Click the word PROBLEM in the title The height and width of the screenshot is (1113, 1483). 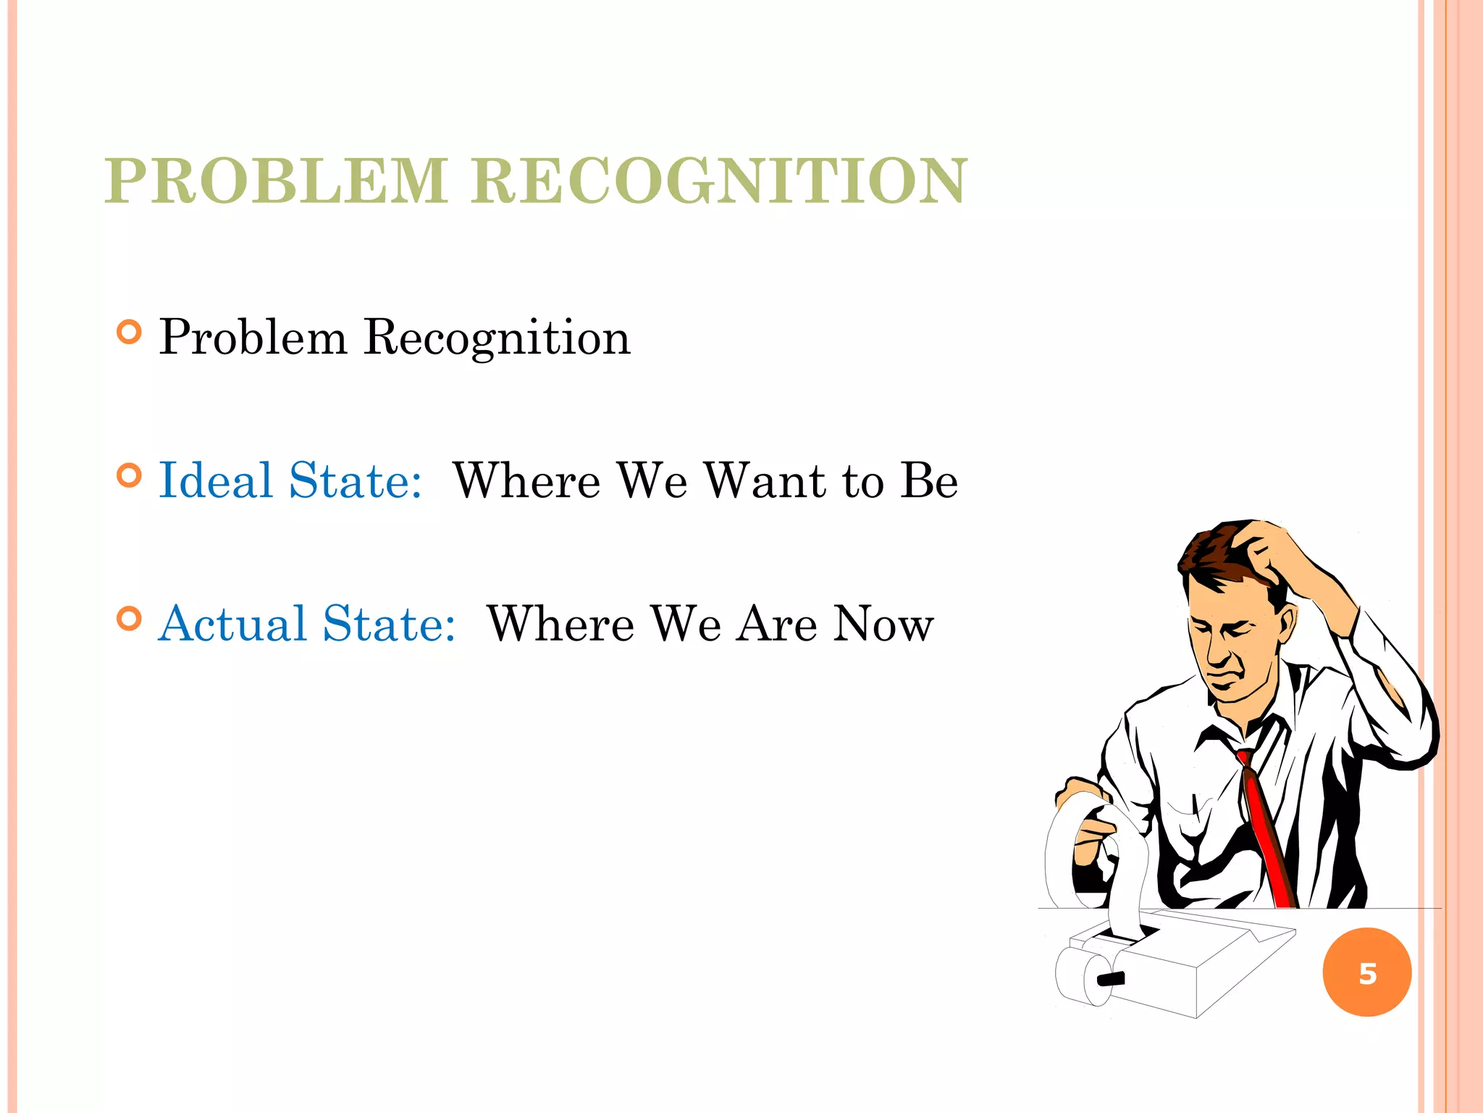276,181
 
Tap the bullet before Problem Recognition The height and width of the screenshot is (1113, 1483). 129,333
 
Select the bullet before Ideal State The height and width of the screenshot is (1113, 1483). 129,476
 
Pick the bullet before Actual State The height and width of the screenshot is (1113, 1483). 129,619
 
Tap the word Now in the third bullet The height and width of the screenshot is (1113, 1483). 883,625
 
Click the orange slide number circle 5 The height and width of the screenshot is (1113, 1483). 1367,972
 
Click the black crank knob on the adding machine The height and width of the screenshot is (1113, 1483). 1111,978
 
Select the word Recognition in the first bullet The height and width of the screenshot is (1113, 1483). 497,338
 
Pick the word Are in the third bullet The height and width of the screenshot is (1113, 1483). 777,625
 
